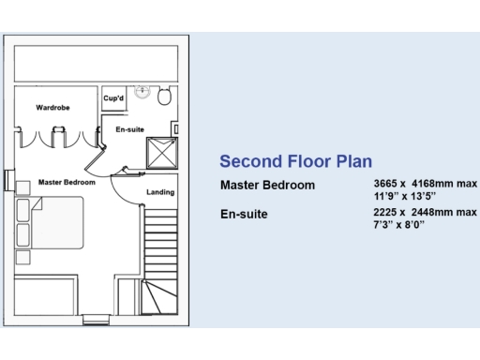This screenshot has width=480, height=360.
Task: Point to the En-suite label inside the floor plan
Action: pos(129,129)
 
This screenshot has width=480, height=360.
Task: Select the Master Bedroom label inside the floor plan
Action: pos(67,182)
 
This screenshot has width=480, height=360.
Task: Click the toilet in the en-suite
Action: pos(165,95)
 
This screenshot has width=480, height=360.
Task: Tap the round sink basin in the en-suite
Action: pos(142,92)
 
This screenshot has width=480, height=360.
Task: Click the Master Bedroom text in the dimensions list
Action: pos(267,185)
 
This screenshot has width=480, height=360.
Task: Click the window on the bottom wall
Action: pos(96,320)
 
